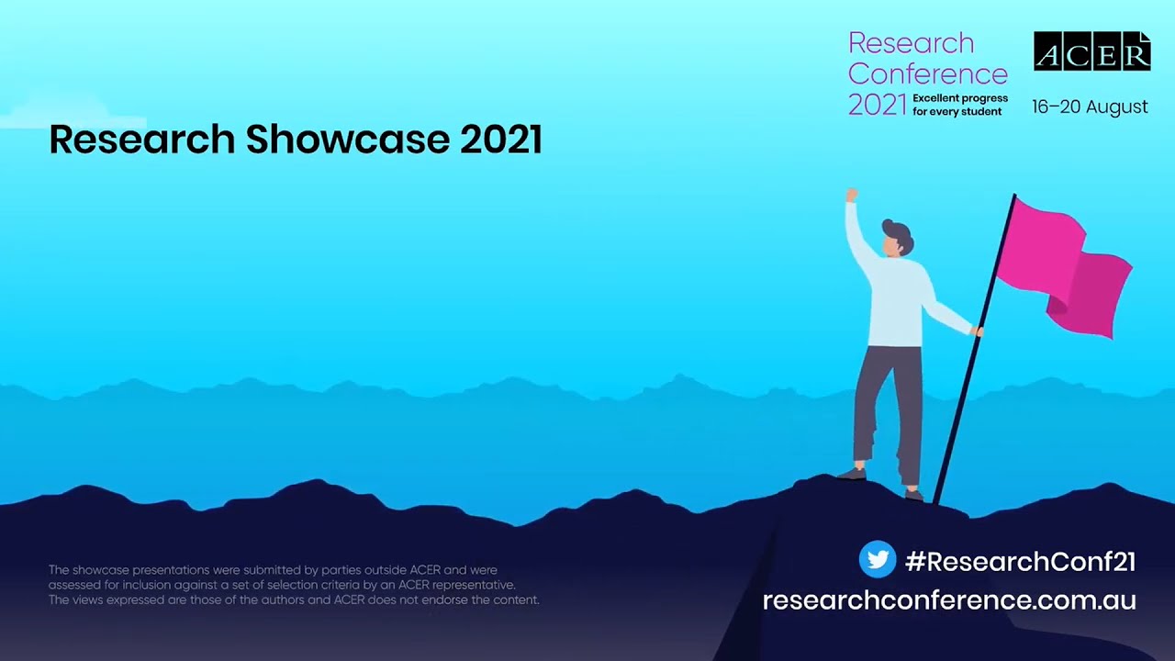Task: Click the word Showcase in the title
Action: click(x=347, y=140)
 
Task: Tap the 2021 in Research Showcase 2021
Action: click(x=500, y=140)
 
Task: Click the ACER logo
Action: click(x=1091, y=51)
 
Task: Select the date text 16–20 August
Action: click(x=1090, y=106)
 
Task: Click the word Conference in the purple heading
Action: click(x=927, y=73)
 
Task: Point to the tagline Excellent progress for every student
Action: click(x=959, y=105)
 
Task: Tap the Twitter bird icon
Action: click(x=877, y=559)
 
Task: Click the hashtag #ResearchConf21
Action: click(x=1020, y=561)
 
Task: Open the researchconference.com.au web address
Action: click(x=949, y=600)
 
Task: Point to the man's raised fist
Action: click(x=851, y=195)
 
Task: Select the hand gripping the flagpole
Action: click(x=979, y=331)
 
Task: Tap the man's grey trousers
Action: click(x=889, y=404)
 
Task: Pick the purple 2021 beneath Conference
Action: click(x=877, y=106)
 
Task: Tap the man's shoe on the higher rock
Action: click(x=852, y=474)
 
